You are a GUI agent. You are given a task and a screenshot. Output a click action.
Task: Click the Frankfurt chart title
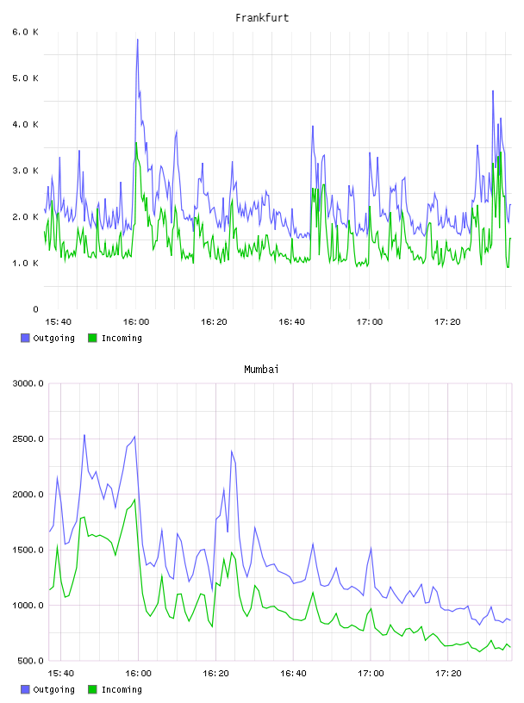click(x=262, y=18)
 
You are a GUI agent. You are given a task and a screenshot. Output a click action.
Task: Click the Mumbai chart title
click(x=261, y=370)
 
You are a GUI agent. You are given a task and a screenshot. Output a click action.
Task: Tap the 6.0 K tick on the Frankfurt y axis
click(x=26, y=32)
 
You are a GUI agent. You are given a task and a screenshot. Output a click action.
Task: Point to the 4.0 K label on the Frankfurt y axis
click(x=26, y=124)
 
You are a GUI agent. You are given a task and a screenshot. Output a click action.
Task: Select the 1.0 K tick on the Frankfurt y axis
click(x=26, y=263)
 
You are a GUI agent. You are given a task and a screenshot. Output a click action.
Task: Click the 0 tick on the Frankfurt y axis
click(x=36, y=309)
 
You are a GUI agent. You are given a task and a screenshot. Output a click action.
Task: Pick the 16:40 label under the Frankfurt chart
click(x=291, y=321)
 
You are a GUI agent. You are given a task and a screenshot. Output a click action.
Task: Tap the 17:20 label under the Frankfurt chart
click(x=447, y=321)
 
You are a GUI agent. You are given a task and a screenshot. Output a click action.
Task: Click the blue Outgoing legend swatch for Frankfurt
click(x=25, y=338)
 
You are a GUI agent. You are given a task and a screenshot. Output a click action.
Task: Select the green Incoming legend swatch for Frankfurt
click(x=92, y=338)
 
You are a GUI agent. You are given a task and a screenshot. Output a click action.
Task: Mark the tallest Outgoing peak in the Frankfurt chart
click(x=138, y=40)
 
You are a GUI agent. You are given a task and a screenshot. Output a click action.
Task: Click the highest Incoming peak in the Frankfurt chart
click(x=136, y=143)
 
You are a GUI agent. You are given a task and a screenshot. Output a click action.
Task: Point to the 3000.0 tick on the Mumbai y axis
click(x=28, y=383)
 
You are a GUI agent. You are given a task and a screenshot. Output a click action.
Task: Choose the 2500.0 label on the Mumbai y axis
click(x=28, y=439)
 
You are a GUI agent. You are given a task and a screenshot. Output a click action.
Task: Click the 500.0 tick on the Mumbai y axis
click(x=30, y=661)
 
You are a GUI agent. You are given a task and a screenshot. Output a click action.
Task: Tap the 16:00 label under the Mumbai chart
click(x=138, y=673)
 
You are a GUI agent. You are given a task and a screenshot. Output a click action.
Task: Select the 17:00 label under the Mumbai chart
click(x=371, y=673)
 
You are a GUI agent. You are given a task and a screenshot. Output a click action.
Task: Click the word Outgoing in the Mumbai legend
click(x=53, y=689)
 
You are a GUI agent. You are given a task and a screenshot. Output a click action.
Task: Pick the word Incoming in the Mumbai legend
click(x=122, y=689)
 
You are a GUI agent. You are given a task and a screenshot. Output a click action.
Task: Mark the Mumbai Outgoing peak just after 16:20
click(x=232, y=451)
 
